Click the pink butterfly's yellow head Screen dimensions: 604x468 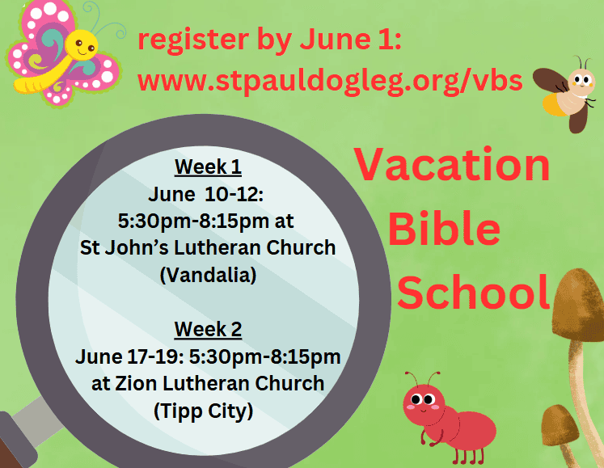click(82, 45)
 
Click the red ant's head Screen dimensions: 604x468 click(423, 403)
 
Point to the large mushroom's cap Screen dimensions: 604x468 click(578, 304)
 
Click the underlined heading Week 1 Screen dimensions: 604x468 click(208, 167)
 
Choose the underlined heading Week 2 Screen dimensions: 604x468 click(208, 330)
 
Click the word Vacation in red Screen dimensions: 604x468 click(452, 164)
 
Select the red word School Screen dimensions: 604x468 click(473, 292)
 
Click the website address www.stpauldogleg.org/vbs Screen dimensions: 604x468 click(330, 82)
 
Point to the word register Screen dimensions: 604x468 click(193, 40)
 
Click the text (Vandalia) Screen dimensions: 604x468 click(208, 275)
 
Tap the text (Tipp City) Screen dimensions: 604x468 click(204, 411)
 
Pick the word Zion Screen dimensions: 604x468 click(137, 384)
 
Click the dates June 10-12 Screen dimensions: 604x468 click(205, 194)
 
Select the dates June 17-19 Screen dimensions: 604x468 click(130, 356)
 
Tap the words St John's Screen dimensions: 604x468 click(124, 247)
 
